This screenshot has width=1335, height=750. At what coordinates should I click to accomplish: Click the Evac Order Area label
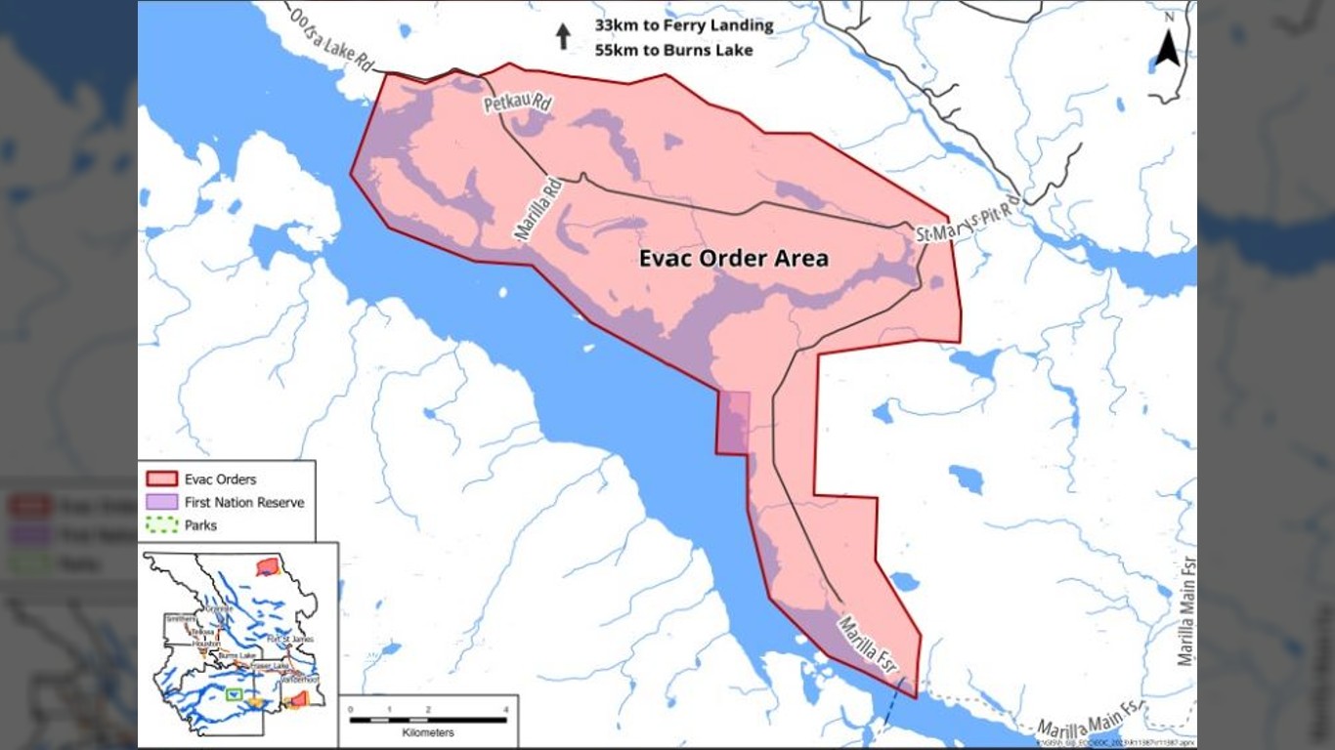733,259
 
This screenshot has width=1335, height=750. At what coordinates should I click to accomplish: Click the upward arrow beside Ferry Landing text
563,36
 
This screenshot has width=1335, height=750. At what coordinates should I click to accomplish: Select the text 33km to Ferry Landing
683,25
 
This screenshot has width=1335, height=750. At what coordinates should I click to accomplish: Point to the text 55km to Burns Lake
673,50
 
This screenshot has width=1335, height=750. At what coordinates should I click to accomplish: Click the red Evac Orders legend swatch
161,479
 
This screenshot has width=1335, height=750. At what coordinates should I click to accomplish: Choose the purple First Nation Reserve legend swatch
161,502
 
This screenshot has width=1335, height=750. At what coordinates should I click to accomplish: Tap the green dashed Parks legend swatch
161,525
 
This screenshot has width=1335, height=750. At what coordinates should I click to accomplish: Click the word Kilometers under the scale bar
428,732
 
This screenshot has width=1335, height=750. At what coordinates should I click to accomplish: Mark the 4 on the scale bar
505,709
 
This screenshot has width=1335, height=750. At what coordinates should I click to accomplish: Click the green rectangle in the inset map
234,694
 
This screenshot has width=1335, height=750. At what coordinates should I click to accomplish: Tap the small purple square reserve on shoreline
734,423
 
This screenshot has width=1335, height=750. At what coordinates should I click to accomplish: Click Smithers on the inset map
182,619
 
